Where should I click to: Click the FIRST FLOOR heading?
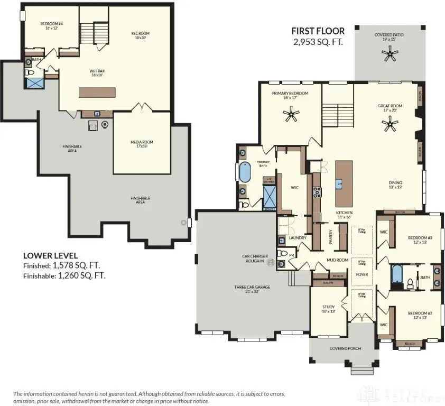click(319, 31)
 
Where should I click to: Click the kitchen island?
click(344, 183)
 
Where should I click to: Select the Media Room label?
click(142, 142)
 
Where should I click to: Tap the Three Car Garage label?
click(252, 287)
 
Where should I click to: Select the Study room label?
click(329, 309)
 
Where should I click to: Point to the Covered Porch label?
click(345, 348)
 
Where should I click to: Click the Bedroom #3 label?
click(420, 239)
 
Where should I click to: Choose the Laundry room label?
click(298, 238)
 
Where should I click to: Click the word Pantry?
click(331, 236)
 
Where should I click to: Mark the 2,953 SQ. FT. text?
click(318, 41)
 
